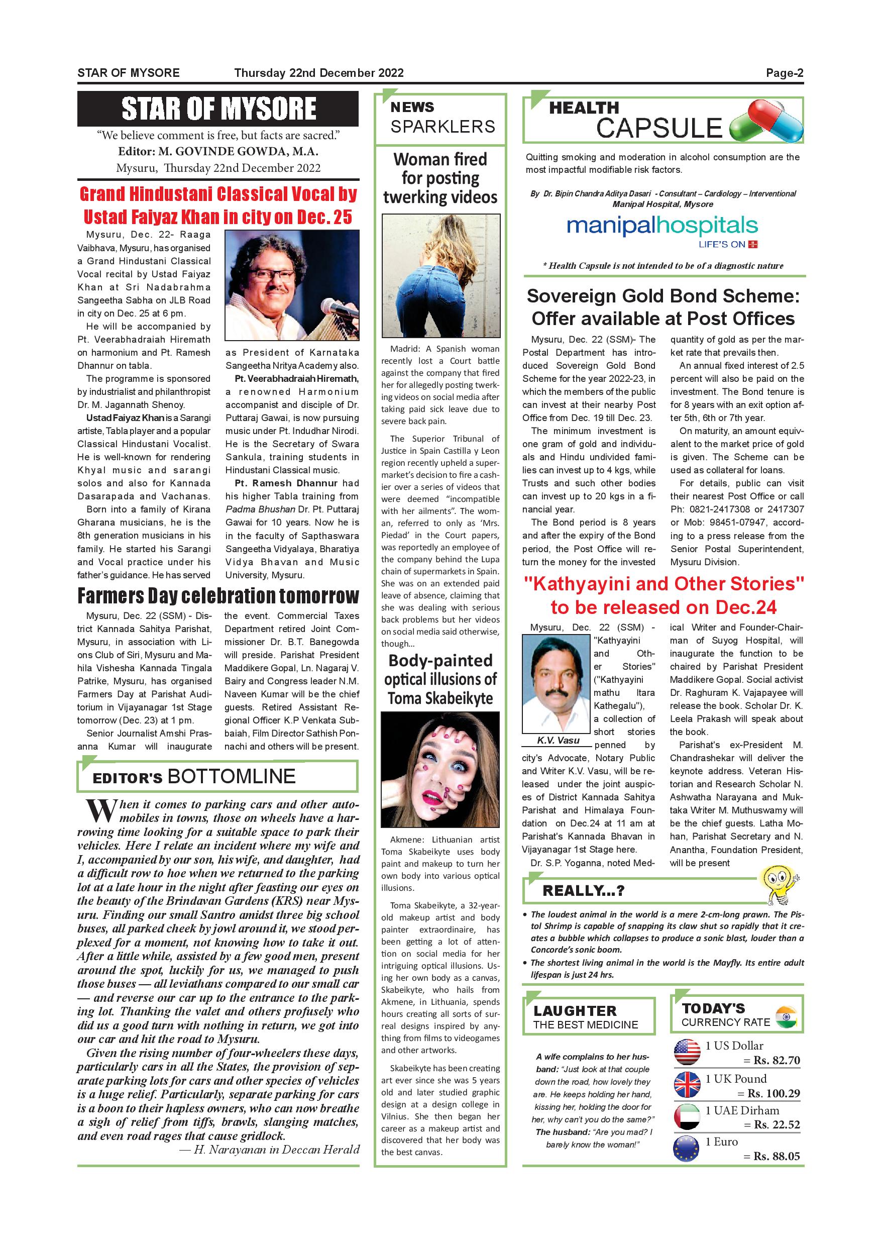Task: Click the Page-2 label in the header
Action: click(x=784, y=73)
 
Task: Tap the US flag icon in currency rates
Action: click(x=687, y=1052)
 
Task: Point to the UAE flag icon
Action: click(x=687, y=1117)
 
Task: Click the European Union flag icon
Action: click(x=687, y=1149)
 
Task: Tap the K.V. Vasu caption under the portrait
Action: click(x=558, y=740)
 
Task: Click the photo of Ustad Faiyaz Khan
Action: click(x=292, y=285)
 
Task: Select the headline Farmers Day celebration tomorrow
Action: click(x=218, y=596)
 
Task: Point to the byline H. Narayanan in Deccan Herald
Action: click(x=269, y=1150)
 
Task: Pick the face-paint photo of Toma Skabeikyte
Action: click(x=440, y=770)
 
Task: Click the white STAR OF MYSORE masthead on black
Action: click(x=218, y=109)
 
